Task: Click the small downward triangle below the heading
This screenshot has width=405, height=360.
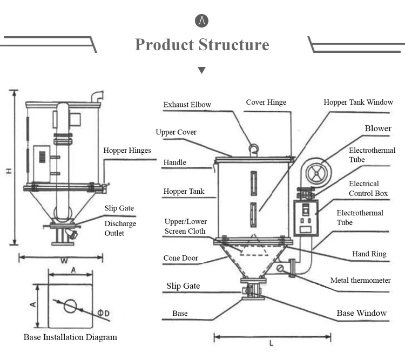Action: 202,70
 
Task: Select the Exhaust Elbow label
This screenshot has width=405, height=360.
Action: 187,105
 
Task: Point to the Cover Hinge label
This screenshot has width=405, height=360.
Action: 266,102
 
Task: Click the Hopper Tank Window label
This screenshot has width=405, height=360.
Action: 359,102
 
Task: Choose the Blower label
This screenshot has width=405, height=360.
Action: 378,128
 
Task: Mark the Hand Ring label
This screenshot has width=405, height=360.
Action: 370,254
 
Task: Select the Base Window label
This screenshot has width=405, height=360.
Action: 362,313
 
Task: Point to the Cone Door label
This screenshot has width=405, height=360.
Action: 180,258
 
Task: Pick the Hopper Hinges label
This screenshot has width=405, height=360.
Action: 127,151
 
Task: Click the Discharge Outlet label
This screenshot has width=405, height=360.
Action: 120,228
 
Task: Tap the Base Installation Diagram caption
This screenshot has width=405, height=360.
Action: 70,337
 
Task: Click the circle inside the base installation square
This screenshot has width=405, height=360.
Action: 70,306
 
